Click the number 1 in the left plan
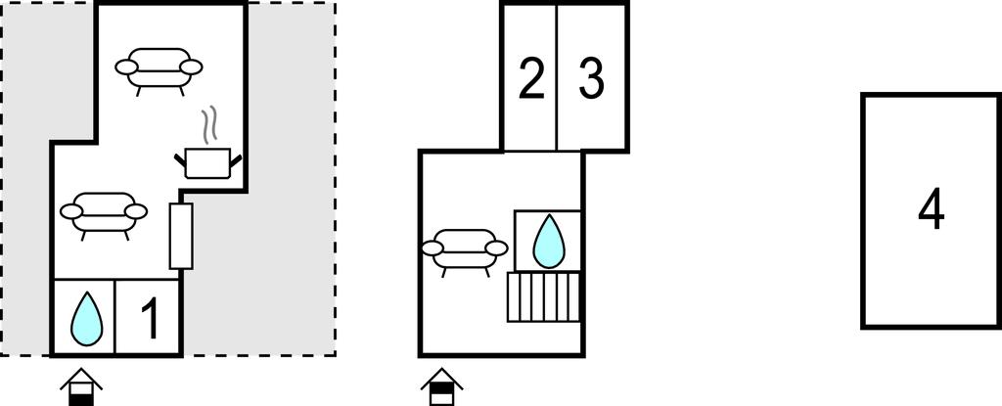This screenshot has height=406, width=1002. pos(150,318)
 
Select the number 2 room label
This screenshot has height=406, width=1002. pos(531,78)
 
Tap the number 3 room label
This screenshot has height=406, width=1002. pos(592,78)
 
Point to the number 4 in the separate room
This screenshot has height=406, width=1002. pos(932,209)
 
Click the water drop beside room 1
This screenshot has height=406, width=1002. pos(86,318)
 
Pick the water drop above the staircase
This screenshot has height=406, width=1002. pos(549,241)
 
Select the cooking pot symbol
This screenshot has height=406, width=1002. pos(207,162)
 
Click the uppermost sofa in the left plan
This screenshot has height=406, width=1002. pos(159,69)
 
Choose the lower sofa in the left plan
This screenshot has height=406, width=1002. pos(104,213)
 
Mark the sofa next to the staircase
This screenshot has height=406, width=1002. pos(465,250)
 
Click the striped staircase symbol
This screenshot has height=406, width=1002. pos(544,296)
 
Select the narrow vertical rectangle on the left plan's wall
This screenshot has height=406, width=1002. pos(181,236)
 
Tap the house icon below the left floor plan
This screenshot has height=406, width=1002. pos(81,386)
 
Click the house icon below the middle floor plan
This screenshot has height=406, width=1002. pos(441,386)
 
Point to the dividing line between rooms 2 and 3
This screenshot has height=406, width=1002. pos(557,77)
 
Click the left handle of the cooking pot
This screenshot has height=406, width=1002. pos(180,159)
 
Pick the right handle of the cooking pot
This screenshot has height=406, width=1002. pos(236,160)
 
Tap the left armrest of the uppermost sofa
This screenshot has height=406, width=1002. pos(126,68)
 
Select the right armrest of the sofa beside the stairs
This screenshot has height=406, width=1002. pos(496,248)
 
